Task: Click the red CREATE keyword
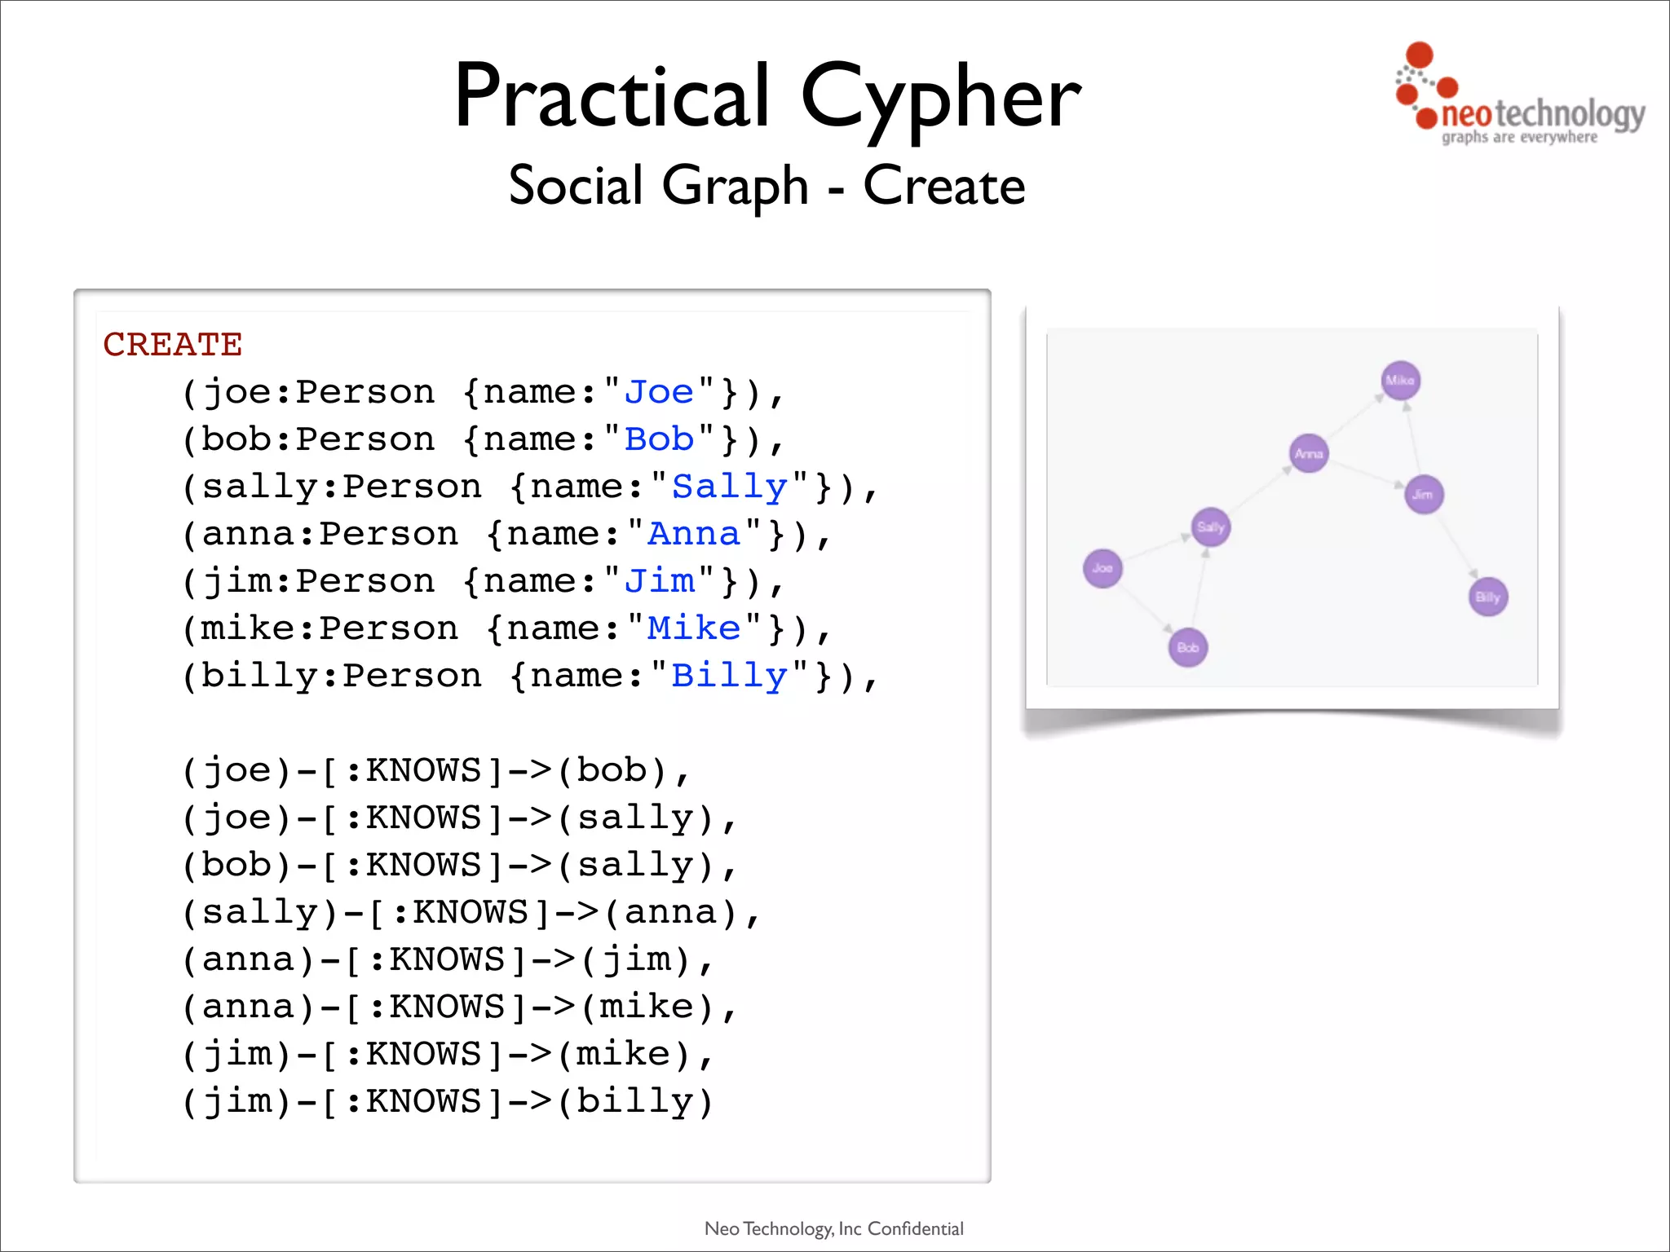point(173,345)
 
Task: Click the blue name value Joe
point(659,393)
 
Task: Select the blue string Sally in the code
point(729,487)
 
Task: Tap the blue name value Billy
point(729,677)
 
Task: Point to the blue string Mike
point(693,629)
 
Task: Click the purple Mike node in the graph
point(1401,381)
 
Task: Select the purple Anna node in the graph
point(1309,453)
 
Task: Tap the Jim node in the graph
point(1424,495)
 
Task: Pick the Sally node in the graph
point(1211,527)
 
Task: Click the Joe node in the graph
point(1102,568)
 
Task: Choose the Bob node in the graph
point(1188,648)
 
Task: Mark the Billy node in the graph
point(1488,597)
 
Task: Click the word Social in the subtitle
point(576,186)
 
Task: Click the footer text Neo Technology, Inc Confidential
point(833,1228)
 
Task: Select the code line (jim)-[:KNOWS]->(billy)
point(447,1102)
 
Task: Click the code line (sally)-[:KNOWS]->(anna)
point(471,913)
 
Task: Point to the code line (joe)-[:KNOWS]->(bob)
point(435,771)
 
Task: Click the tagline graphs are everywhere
point(1518,138)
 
